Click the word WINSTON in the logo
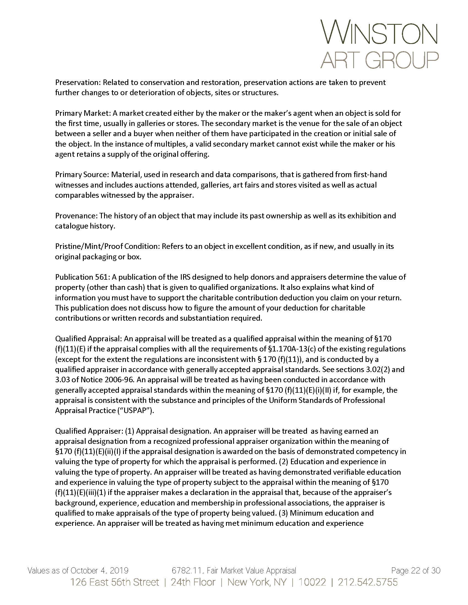(x=379, y=32)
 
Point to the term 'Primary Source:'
(x=82, y=175)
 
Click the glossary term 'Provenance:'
(x=76, y=216)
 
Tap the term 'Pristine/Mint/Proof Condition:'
(x=107, y=247)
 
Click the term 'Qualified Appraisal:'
(x=88, y=339)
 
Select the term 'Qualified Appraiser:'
(x=89, y=431)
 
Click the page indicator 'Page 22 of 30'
(x=415, y=571)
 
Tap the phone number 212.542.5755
(x=367, y=582)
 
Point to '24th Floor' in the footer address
(x=193, y=582)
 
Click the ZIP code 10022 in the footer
(x=312, y=582)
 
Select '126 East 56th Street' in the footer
(x=115, y=582)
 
